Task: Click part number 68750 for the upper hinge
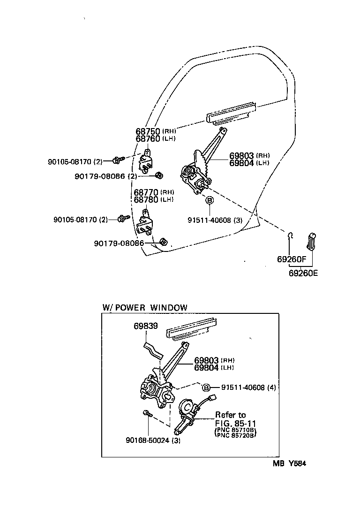pos(148,131)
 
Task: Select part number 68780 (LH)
pos(154,200)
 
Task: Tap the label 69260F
pos(292,259)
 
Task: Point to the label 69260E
pos(303,273)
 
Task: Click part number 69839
pos(146,326)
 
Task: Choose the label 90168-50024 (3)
pos(153,441)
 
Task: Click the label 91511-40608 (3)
pos(215,220)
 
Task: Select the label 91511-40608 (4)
pos(248,387)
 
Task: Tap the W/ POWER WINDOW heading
pos(145,308)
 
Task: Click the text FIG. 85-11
pos(235,424)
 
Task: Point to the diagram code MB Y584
pos(289,464)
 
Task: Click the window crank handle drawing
pos(311,241)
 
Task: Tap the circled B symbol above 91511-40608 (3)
pos(210,200)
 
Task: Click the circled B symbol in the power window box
pos(206,387)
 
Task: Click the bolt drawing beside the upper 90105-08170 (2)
pos(118,160)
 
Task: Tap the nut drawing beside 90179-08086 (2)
pos(158,175)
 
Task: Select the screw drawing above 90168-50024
pos(148,413)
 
